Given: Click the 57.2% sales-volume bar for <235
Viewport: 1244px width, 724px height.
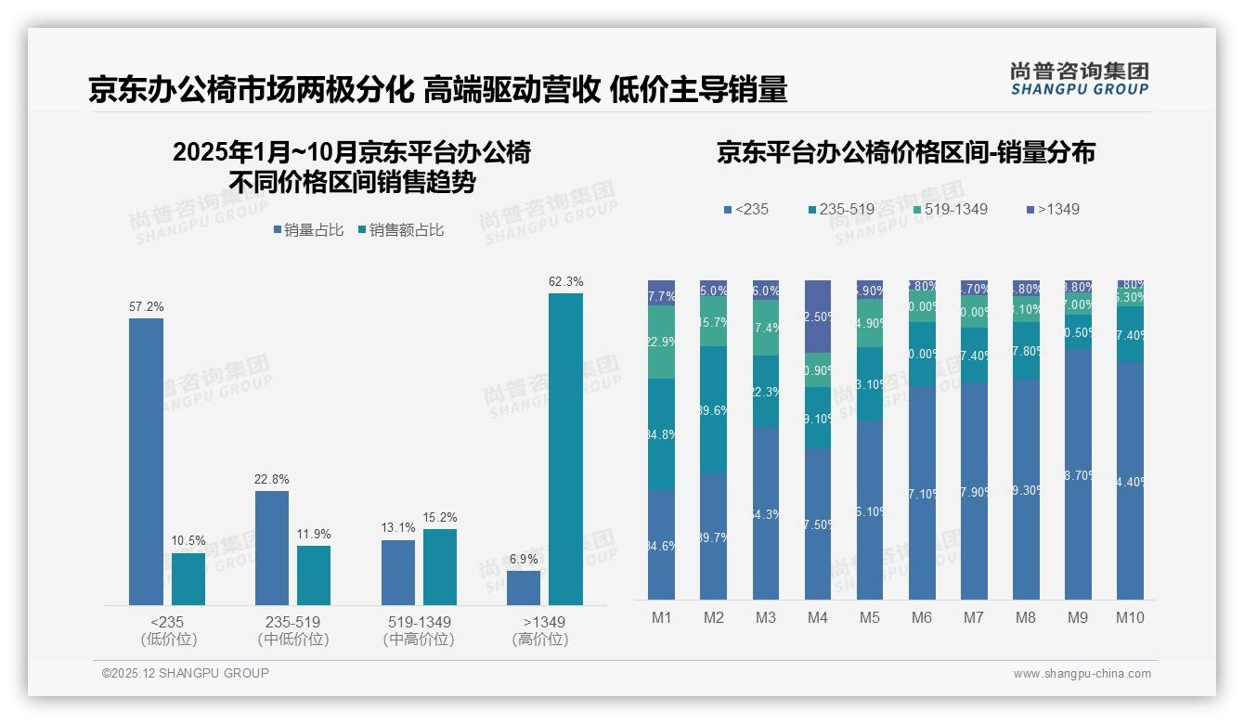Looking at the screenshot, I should (x=146, y=461).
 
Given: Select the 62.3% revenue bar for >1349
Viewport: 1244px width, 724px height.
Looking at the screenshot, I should (x=565, y=449).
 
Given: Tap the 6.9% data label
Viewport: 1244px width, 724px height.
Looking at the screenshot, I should (x=523, y=560).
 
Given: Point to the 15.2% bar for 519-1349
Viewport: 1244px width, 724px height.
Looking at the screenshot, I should (x=440, y=567).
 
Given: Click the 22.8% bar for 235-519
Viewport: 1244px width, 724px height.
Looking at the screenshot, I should (x=272, y=548).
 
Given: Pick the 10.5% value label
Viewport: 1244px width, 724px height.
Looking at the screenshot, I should (x=188, y=541).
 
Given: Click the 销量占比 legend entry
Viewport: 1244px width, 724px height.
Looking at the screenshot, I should (x=312, y=230).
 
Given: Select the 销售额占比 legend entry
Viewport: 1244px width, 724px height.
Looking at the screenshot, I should (x=400, y=230).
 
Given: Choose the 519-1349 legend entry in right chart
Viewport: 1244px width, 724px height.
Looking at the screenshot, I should (x=950, y=209).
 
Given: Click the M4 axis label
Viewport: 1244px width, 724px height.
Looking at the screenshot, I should (x=817, y=617).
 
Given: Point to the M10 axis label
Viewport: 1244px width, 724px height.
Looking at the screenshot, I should (x=1130, y=617).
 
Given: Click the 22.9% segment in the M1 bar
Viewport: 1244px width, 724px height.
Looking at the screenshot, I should (x=661, y=342).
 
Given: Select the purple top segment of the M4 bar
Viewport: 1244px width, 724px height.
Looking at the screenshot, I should (x=817, y=316).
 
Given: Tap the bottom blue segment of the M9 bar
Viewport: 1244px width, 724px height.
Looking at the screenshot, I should (x=1078, y=473).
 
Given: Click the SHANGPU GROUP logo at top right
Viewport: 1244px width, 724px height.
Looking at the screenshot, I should (x=1079, y=79).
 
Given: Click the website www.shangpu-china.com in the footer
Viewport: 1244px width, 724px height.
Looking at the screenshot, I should (x=1082, y=674).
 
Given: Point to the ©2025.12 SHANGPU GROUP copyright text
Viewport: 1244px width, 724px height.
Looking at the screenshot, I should (x=185, y=673).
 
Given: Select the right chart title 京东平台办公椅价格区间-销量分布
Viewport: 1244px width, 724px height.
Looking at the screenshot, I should (x=905, y=152).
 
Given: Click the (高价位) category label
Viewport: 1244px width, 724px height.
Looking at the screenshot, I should (x=539, y=640).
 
